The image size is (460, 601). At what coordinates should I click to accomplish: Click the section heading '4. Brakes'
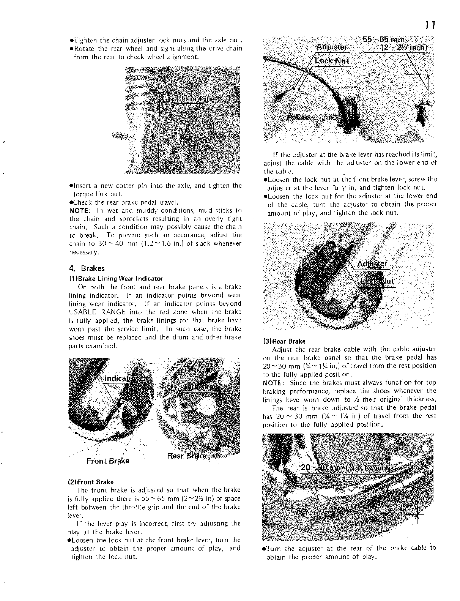pos(87,268)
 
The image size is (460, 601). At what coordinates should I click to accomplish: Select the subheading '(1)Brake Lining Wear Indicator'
pos(116,278)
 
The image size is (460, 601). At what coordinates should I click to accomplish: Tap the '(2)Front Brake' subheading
pos(90,482)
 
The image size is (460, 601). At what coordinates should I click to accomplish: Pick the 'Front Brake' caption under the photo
pos(108,461)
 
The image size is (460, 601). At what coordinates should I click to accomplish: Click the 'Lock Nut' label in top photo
pos(332,61)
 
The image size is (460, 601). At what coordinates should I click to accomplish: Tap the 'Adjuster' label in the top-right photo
pos(331,47)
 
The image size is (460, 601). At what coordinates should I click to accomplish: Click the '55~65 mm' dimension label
pos(384,40)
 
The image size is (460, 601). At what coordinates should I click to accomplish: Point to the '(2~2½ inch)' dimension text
pos(404,48)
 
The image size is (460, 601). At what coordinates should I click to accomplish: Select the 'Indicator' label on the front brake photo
pos(120,379)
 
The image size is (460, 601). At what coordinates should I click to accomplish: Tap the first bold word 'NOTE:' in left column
pos(79,210)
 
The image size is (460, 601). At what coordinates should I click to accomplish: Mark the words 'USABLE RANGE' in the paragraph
pos(90,312)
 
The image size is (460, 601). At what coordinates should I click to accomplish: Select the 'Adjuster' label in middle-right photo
pos(372,264)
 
